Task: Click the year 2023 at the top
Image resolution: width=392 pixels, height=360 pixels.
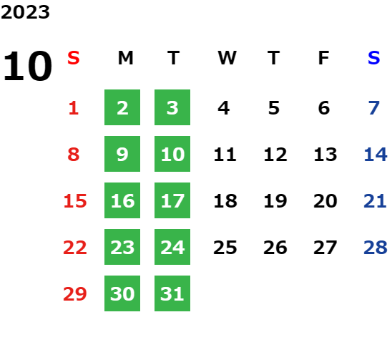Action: coord(25,12)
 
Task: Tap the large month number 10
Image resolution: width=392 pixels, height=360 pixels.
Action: coord(27,66)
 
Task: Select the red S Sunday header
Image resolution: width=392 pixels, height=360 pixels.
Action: coord(74,58)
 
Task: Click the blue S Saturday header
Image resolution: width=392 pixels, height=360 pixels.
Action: coord(373,58)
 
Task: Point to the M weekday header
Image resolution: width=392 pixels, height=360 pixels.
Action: coord(125,58)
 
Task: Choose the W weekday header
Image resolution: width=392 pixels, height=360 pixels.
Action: coord(227,58)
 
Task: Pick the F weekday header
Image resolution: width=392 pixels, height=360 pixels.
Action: coord(323,58)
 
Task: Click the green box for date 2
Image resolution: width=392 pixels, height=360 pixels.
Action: coord(122,107)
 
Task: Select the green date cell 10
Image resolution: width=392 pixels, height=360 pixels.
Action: coord(172,154)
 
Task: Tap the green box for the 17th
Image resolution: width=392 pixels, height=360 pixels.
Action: coord(172,200)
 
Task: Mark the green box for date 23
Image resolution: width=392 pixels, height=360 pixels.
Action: coord(122,247)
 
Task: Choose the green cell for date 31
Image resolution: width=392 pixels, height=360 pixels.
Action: coord(172,293)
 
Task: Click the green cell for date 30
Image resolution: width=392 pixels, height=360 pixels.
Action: coord(122,293)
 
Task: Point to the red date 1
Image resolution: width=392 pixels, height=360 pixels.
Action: coord(74,108)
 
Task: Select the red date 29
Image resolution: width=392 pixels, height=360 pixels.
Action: coord(75,293)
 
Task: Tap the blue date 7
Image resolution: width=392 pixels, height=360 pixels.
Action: coord(374,108)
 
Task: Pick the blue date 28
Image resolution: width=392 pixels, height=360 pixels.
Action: coord(376,248)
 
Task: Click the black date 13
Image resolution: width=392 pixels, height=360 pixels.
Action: coord(325,155)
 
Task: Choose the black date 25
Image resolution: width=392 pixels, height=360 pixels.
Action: coord(225,248)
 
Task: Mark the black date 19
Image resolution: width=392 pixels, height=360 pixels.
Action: coord(275,201)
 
